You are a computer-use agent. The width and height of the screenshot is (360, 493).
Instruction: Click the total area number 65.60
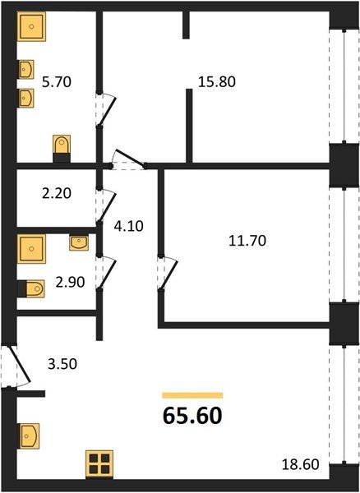pos(192,416)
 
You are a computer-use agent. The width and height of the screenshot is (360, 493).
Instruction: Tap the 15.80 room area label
pos(217,81)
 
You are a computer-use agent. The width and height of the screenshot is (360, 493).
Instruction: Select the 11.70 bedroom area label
pos(247,241)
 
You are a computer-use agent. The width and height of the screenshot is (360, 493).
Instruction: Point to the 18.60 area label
pos(300,464)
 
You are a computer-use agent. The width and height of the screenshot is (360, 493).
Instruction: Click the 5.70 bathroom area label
pos(57,82)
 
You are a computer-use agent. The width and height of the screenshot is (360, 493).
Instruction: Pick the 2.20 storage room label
pos(57,193)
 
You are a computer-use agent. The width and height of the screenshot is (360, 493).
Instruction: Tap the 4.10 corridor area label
pos(128,226)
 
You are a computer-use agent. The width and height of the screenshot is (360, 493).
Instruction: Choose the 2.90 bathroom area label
pos(70,282)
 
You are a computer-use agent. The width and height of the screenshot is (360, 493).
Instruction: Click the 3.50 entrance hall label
pos(62,364)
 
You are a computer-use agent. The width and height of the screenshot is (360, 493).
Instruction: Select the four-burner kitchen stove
pos(99,464)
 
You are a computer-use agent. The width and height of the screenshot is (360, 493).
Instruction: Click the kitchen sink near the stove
pos(29,435)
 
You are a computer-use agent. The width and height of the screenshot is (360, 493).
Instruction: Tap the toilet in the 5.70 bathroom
pos(62,149)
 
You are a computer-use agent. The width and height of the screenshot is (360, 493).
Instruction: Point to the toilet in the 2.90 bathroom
pos(31,288)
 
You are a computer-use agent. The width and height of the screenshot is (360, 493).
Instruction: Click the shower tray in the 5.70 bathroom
pos(31,26)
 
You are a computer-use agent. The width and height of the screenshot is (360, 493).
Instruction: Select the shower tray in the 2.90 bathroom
pos(31,249)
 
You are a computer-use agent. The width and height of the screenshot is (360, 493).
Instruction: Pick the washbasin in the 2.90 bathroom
pos(79,242)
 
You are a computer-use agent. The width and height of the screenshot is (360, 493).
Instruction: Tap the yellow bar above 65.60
pos(192,395)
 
